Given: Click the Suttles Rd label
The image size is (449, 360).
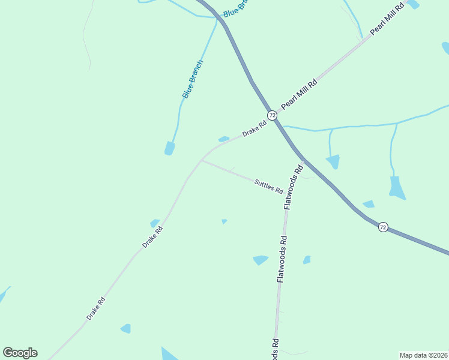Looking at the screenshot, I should click(x=268, y=187).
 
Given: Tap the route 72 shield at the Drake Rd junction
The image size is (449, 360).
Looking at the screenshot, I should click(x=272, y=115).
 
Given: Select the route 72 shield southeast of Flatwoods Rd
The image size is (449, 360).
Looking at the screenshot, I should click(x=383, y=227).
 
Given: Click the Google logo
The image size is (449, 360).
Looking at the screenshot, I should click(x=20, y=353).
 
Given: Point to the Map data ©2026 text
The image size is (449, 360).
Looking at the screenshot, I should click(x=423, y=355).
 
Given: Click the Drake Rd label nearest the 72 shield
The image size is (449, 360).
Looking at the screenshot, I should click(x=254, y=128).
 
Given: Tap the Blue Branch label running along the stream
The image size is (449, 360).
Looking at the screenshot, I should click(x=193, y=79).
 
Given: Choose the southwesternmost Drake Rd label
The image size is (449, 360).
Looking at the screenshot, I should click(x=95, y=308).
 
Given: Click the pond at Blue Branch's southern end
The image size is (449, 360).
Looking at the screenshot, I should click(x=170, y=148).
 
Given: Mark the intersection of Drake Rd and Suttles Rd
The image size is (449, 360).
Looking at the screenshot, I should click(x=201, y=160).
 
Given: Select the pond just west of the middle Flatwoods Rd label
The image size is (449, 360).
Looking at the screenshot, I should click(x=261, y=260).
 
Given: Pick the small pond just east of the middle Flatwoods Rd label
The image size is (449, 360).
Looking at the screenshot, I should click(x=307, y=260).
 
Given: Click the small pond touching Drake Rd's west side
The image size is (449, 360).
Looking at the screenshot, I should click(x=154, y=223).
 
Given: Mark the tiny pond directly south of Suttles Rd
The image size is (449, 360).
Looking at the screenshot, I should click(x=224, y=221).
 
